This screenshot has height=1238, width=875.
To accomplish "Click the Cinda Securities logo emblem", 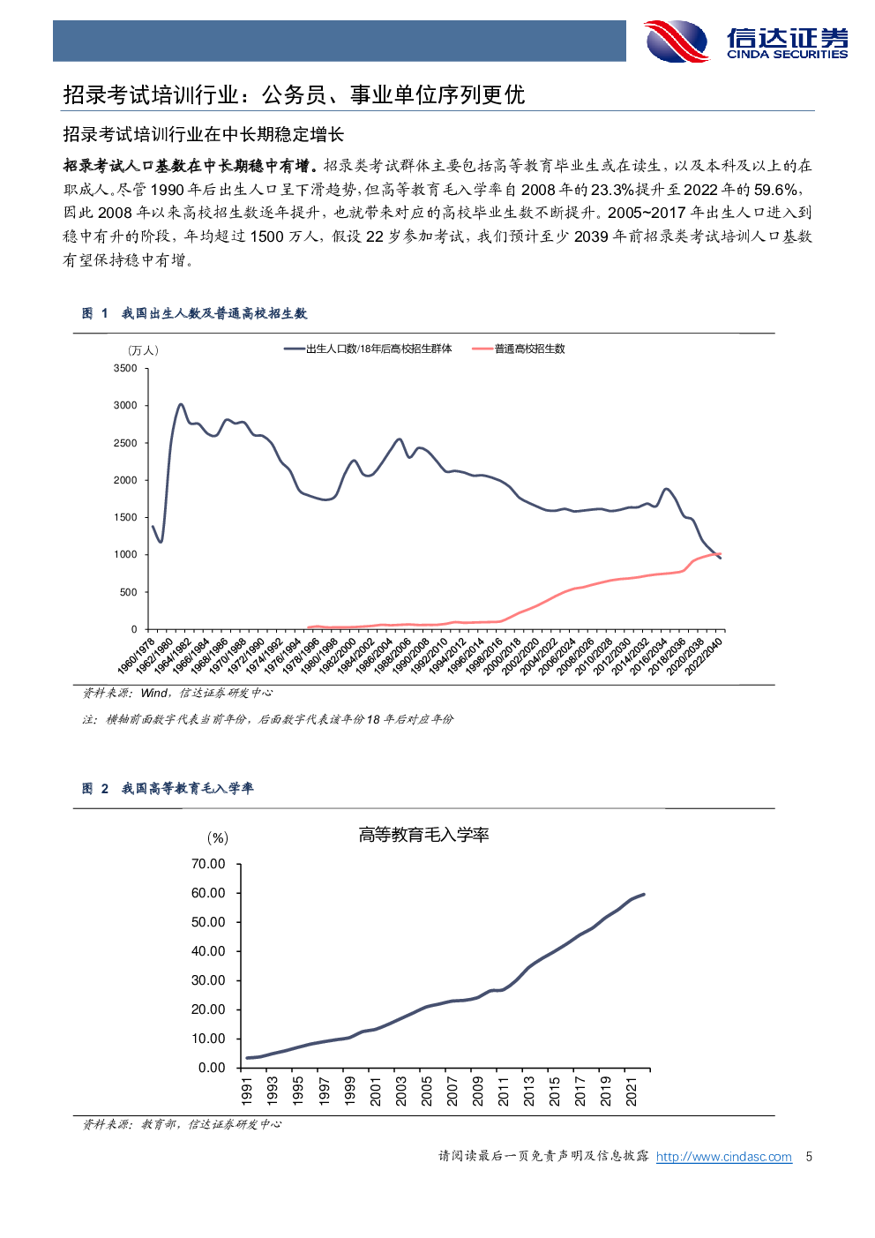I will [x=677, y=41].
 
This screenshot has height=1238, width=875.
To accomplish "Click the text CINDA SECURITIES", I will [x=787, y=55].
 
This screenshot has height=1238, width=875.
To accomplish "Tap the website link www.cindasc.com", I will [x=723, y=1157].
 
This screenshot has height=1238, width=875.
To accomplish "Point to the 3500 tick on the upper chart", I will [x=125, y=369].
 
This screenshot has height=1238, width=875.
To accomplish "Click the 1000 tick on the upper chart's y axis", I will [x=125, y=555].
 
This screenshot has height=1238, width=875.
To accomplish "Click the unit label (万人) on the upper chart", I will [x=143, y=351].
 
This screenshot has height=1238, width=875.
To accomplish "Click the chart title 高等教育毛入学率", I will [x=423, y=835].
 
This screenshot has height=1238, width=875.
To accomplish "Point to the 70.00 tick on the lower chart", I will [x=208, y=864].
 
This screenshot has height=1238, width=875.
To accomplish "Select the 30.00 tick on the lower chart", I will [x=208, y=980].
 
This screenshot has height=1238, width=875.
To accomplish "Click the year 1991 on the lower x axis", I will [x=247, y=1090].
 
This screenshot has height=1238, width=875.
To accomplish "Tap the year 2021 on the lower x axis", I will [x=632, y=1090].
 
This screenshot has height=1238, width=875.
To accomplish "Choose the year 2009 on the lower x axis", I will [x=478, y=1090].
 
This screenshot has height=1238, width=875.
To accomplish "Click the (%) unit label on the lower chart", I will [x=217, y=838].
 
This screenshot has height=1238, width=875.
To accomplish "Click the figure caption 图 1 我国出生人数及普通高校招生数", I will [x=194, y=313].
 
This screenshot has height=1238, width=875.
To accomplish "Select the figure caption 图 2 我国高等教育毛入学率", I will [x=168, y=788].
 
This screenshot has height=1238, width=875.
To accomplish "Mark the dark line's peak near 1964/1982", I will [x=181, y=405].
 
